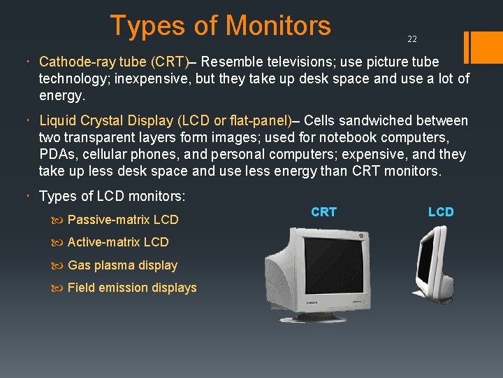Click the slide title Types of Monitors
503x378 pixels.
pyautogui.click(x=220, y=26)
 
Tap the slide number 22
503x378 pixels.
pyautogui.click(x=412, y=39)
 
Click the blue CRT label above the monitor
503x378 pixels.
pyautogui.click(x=323, y=211)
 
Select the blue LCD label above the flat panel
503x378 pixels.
pyautogui.click(x=441, y=211)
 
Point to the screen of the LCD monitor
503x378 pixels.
pyautogui.click(x=427, y=262)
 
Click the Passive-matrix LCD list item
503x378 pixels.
pyautogui.click(x=123, y=220)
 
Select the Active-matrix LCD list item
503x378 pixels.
pyautogui.click(x=118, y=242)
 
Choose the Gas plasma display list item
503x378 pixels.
pyautogui.click(x=122, y=265)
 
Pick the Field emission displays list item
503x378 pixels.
pyautogui.click(x=132, y=288)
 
